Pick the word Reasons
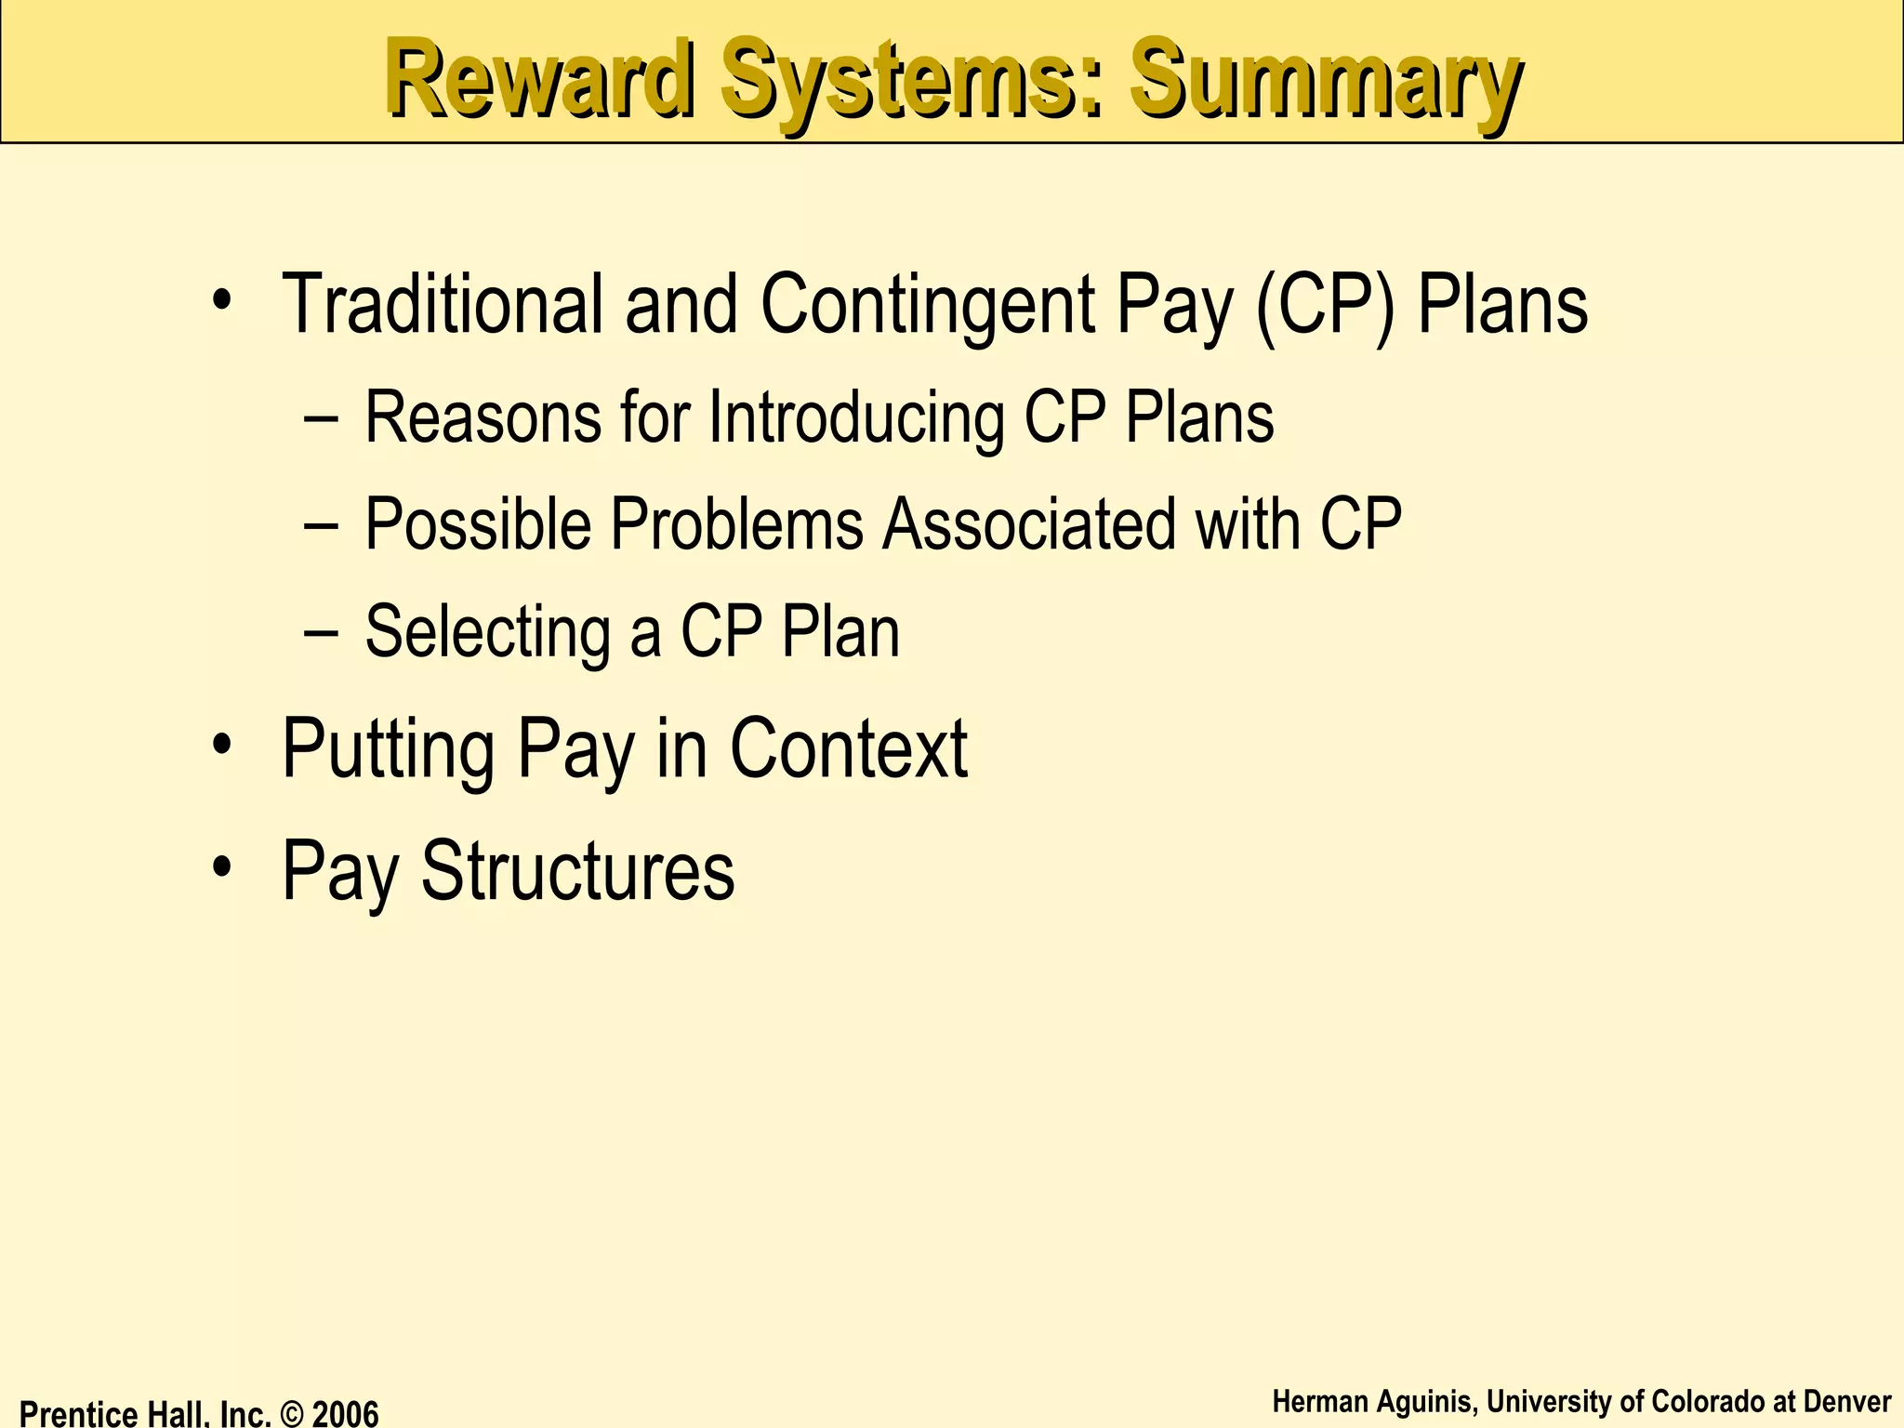click(483, 417)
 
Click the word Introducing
click(856, 419)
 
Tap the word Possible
click(478, 524)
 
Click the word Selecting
click(487, 633)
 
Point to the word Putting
click(389, 749)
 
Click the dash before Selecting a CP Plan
click(322, 633)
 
